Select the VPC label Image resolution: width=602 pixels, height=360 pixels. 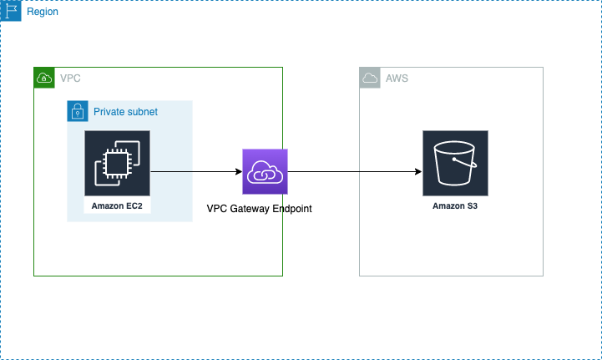pyautogui.click(x=70, y=79)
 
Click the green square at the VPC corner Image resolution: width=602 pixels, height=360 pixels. pyautogui.click(x=44, y=78)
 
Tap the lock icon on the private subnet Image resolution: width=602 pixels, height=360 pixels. pyautogui.click(x=77, y=111)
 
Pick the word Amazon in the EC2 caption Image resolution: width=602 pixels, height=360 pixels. pyautogui.click(x=108, y=205)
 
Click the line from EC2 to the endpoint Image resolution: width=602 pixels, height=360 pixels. pyautogui.click(x=172, y=171)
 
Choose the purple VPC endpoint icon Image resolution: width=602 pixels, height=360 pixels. pyautogui.click(x=265, y=171)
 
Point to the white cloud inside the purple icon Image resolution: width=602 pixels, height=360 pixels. pyautogui.click(x=265, y=172)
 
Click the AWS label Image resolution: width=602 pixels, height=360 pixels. pyautogui.click(x=397, y=79)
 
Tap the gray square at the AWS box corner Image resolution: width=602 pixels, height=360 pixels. pyautogui.click(x=370, y=78)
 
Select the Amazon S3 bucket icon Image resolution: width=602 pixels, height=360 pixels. pyautogui.click(x=455, y=163)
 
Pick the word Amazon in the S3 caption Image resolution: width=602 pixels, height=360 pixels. pyautogui.click(x=448, y=205)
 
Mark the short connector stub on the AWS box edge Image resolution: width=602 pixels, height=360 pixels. pyautogui.click(x=360, y=172)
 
